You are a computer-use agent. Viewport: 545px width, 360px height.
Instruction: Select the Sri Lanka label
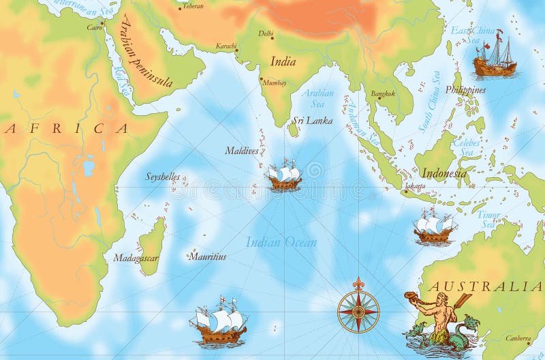pos(312,121)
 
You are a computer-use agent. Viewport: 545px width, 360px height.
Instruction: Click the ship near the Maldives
pos(283,176)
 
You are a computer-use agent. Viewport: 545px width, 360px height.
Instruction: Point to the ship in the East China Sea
pos(495,55)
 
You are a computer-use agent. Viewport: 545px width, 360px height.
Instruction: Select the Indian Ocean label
pos(281,242)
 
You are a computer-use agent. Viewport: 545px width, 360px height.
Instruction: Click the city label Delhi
pos(266,33)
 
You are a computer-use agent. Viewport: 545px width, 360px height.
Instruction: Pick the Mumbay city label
pos(274,82)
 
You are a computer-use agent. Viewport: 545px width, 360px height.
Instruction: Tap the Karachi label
pos(226,46)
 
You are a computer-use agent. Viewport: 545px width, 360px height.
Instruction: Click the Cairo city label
pos(95,28)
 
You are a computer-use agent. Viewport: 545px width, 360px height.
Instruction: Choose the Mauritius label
pos(207,257)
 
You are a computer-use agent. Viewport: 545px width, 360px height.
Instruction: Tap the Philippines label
pos(465,90)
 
